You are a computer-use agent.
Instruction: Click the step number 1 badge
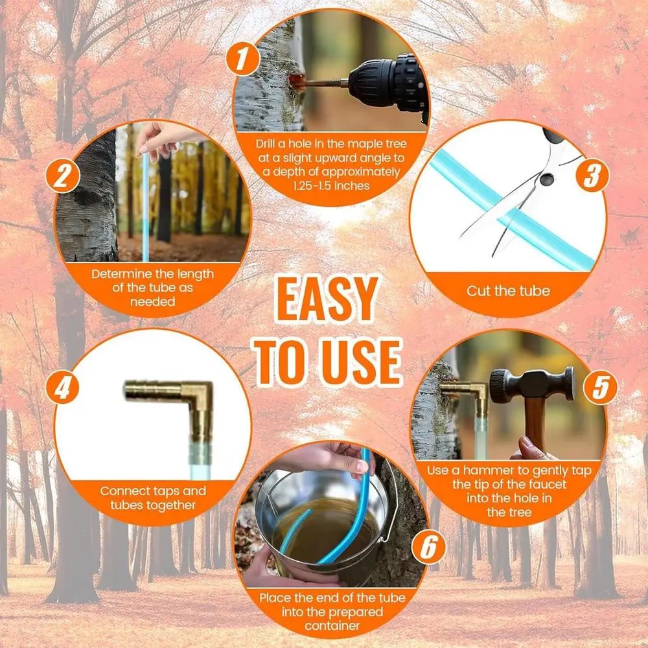click(242, 59)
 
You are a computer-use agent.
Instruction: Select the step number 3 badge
click(593, 175)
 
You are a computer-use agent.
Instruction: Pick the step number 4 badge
click(62, 388)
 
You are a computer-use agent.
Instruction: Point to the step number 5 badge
click(601, 388)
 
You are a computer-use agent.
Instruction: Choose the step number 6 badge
click(428, 547)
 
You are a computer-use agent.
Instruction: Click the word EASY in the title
click(327, 301)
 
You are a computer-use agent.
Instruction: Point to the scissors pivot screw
click(546, 179)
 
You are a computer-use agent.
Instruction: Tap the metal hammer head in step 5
click(532, 385)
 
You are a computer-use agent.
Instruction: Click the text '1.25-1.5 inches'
click(331, 186)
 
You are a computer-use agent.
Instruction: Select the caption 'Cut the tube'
click(508, 291)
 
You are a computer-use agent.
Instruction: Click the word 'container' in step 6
click(332, 626)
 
